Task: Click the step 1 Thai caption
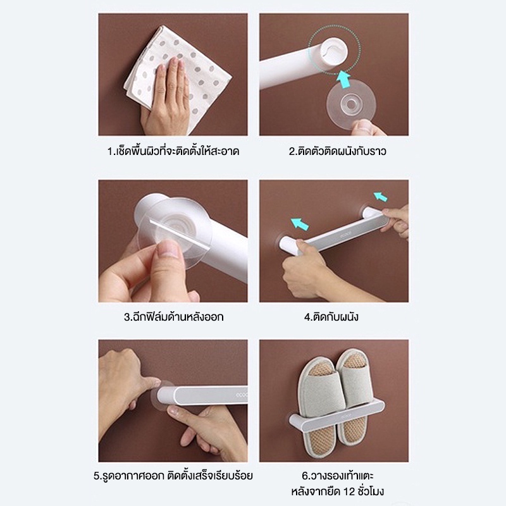pos(173,151)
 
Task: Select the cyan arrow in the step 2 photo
pos(343,80)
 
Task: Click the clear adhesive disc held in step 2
pos(351,104)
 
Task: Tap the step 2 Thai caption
pos(337,151)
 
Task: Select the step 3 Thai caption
pos(173,317)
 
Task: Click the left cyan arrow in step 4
pos(300,224)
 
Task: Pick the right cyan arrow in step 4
pos(381,197)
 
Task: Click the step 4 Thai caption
pos(331,317)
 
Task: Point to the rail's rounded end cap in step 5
pos(165,396)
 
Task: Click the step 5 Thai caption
pos(173,476)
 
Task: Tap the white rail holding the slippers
pos(337,416)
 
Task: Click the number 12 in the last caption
pos(349,491)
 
